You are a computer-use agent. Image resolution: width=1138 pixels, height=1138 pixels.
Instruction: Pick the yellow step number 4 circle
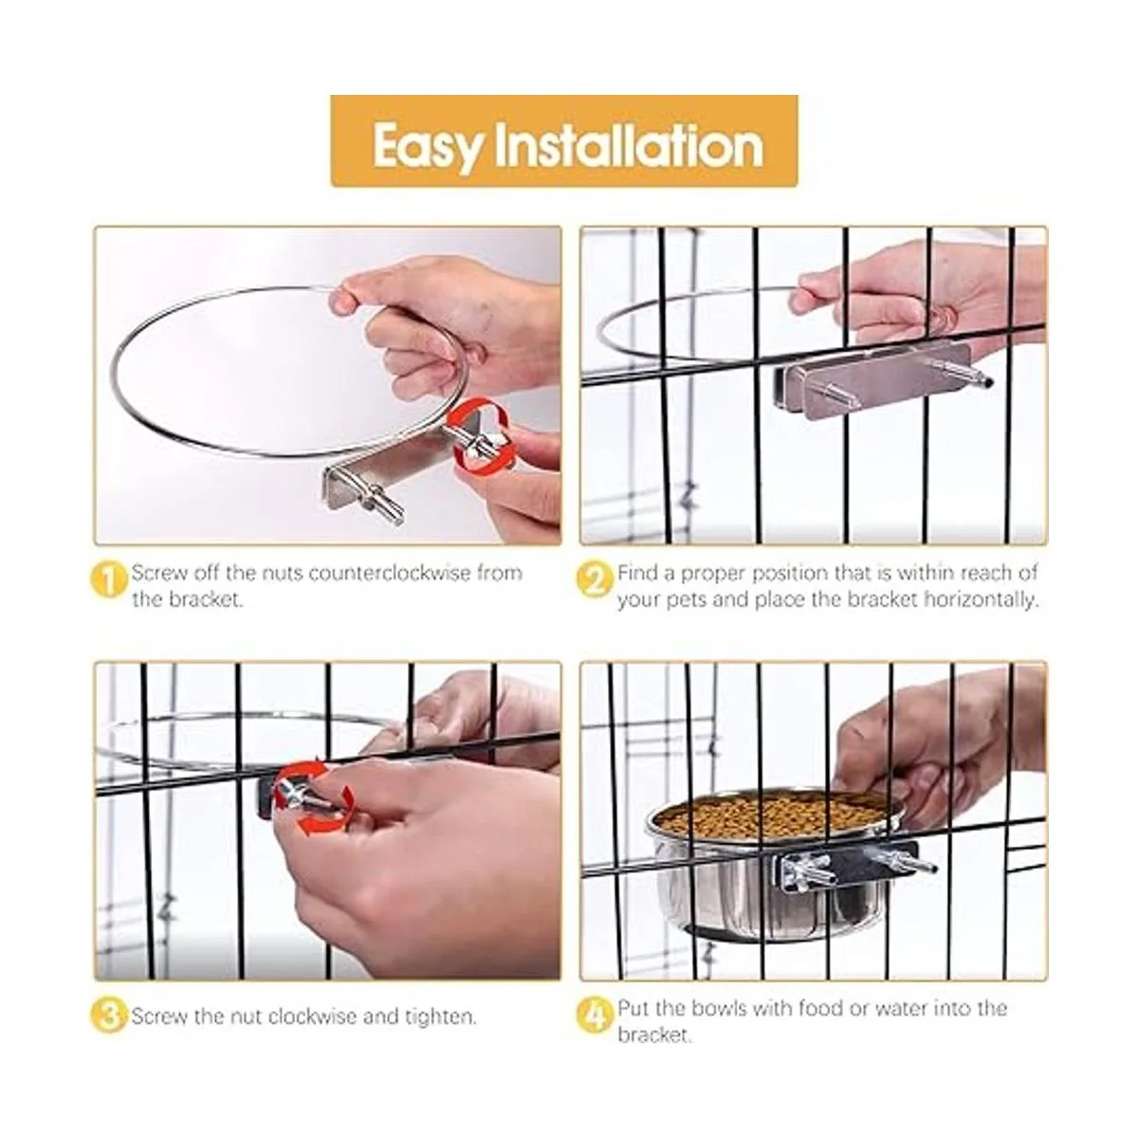[x=594, y=1014]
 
